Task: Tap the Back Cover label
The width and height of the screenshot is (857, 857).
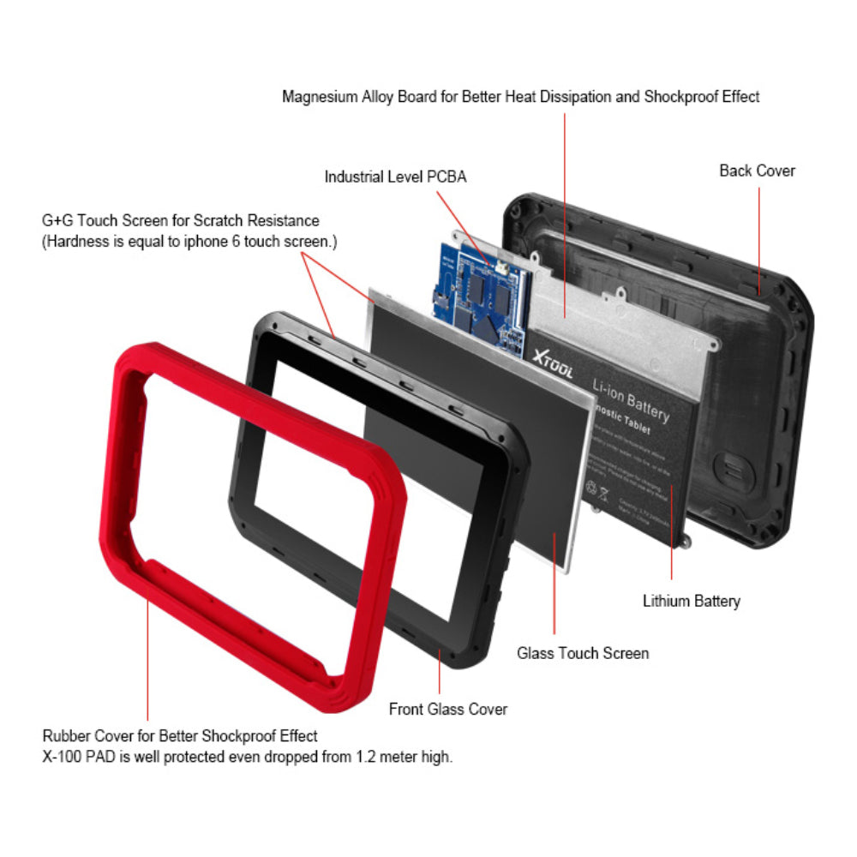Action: (x=757, y=171)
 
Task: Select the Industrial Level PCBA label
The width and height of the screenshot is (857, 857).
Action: (x=395, y=177)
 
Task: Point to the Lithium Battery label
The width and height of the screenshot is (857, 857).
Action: (x=691, y=601)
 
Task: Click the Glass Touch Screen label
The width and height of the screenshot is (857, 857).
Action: (x=583, y=653)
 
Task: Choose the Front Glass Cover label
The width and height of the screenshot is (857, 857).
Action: (x=447, y=709)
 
